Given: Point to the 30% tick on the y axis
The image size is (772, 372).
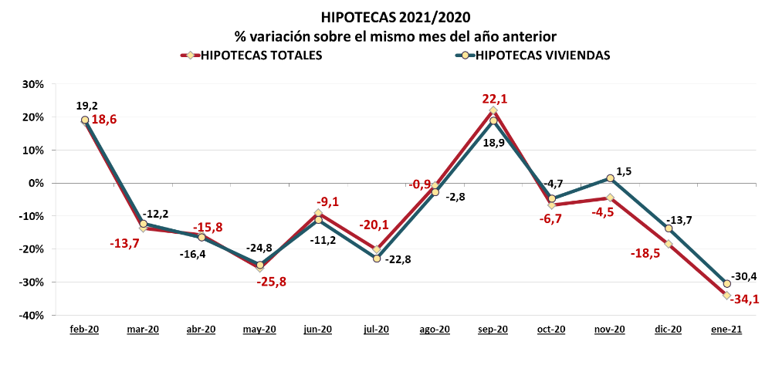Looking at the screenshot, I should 33,84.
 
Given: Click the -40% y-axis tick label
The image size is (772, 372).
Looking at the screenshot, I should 32,316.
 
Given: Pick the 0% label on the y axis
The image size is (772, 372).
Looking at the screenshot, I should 36,184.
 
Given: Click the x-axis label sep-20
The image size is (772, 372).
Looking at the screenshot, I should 493,330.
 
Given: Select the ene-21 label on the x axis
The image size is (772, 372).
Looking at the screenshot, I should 726,330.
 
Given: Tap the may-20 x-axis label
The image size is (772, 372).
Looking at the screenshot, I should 259,330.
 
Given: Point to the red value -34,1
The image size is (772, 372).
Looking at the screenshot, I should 743,299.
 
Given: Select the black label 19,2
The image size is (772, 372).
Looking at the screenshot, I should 86,105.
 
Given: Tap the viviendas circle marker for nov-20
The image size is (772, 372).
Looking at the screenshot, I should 610,178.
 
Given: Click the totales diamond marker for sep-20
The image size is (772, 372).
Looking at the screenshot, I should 493,110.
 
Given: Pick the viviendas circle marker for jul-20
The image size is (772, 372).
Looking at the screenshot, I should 377,259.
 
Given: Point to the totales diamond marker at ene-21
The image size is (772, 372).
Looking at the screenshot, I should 726,296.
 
